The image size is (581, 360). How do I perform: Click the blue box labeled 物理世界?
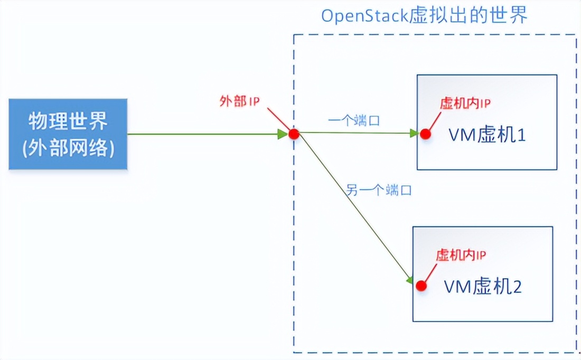(x=68, y=134)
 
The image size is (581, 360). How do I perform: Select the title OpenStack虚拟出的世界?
(x=424, y=16)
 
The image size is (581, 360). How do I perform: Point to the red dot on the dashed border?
(x=294, y=134)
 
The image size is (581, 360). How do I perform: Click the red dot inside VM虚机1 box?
(x=425, y=134)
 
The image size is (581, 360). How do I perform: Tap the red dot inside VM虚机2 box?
(x=420, y=286)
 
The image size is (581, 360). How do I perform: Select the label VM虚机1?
(x=487, y=136)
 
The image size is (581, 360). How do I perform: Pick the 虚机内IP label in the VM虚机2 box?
(x=461, y=255)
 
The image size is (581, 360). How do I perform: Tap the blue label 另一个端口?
(x=378, y=190)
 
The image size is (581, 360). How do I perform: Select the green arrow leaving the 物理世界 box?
(x=206, y=134)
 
